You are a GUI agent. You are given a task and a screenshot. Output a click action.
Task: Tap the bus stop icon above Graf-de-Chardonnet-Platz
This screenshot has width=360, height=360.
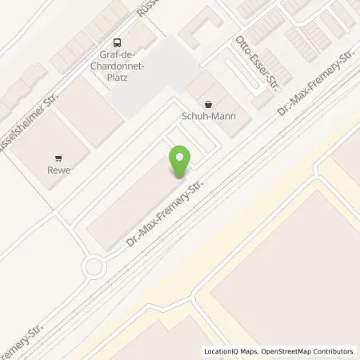pos(118,43)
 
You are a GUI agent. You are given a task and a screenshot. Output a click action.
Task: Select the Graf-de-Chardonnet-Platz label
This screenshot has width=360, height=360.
pos(118,66)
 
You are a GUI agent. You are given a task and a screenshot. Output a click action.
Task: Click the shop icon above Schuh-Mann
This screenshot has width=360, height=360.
pos(209,103)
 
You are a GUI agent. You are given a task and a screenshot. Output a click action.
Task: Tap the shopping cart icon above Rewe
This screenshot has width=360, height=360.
pos(57,158)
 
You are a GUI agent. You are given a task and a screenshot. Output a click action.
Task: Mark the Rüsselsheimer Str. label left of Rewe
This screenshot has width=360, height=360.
pos(22,130)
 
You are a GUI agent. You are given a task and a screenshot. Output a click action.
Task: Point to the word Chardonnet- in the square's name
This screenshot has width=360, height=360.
pos(118,66)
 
